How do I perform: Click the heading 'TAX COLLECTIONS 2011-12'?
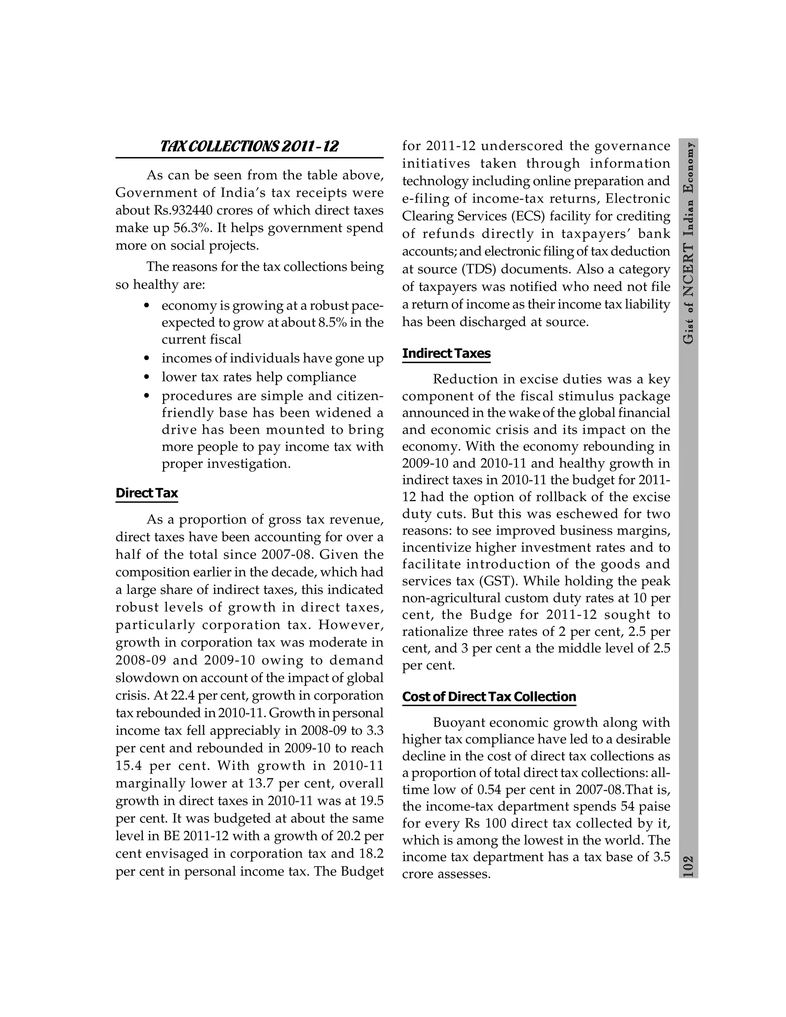(249, 147)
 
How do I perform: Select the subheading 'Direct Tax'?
(147, 493)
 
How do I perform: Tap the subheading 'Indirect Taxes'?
(446, 353)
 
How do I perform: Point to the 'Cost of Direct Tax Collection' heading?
(489, 697)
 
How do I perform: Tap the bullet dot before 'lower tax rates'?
(147, 377)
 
